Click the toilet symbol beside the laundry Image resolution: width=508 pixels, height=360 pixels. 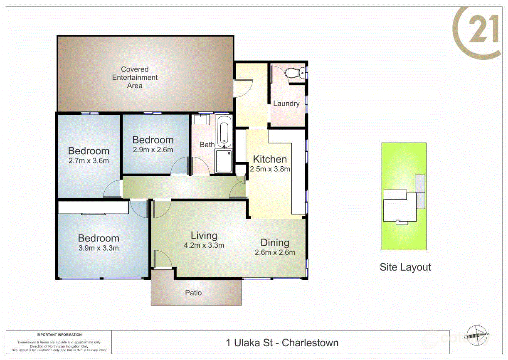[x=294, y=74]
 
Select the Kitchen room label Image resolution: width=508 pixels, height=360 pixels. [x=270, y=159]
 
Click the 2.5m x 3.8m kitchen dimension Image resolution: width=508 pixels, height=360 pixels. [x=270, y=169]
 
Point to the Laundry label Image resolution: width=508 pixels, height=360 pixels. [x=286, y=104]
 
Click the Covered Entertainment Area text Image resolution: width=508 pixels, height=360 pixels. [x=135, y=77]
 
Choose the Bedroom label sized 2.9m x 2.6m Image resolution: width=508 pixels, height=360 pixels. [x=153, y=140]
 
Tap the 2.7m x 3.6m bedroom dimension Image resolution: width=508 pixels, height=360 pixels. [x=89, y=160]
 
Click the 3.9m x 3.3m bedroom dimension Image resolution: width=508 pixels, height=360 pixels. [x=99, y=248]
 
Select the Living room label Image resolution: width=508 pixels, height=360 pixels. [x=204, y=236]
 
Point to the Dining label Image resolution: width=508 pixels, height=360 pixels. [x=274, y=243]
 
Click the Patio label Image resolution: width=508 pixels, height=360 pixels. [x=193, y=293]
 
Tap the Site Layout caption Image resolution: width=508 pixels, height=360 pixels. [x=405, y=267]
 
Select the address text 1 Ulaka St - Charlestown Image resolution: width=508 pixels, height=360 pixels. [x=282, y=343]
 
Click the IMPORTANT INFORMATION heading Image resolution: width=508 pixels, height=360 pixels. [x=59, y=335]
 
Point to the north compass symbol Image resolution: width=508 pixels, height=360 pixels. [x=477, y=333]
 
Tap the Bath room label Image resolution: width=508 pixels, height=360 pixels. [x=207, y=145]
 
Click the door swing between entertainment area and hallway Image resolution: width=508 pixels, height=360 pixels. [x=244, y=88]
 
